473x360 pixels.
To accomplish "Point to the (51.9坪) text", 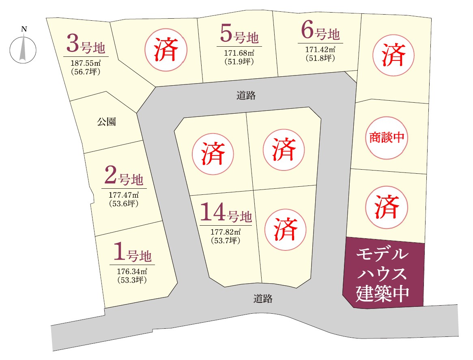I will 239,62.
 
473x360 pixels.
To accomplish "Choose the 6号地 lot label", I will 320,32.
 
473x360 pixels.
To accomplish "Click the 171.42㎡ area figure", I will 320,50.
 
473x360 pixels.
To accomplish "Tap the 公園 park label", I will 106,122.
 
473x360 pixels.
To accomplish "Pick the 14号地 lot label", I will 226,214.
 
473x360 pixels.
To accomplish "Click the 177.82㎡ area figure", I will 226,232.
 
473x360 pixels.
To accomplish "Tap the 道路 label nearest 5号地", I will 246,96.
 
